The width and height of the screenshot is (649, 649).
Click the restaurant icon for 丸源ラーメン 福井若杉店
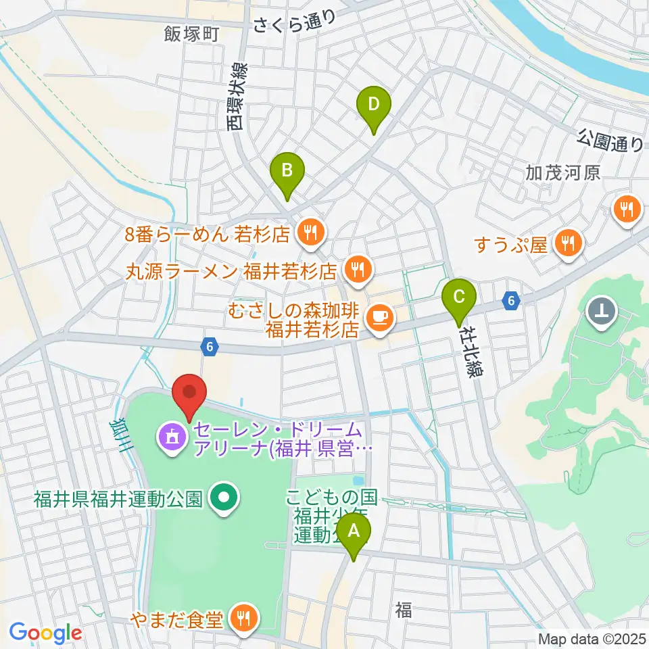tap(356, 270)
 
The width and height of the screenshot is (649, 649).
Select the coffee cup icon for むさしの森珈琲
tap(379, 316)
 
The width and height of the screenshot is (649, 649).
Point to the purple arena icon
tap(170, 438)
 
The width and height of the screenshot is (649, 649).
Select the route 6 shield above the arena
tap(210, 347)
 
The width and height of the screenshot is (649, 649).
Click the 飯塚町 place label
tap(192, 34)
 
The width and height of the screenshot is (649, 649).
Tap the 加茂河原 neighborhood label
tap(563, 173)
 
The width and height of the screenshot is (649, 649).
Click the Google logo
tap(45, 633)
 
